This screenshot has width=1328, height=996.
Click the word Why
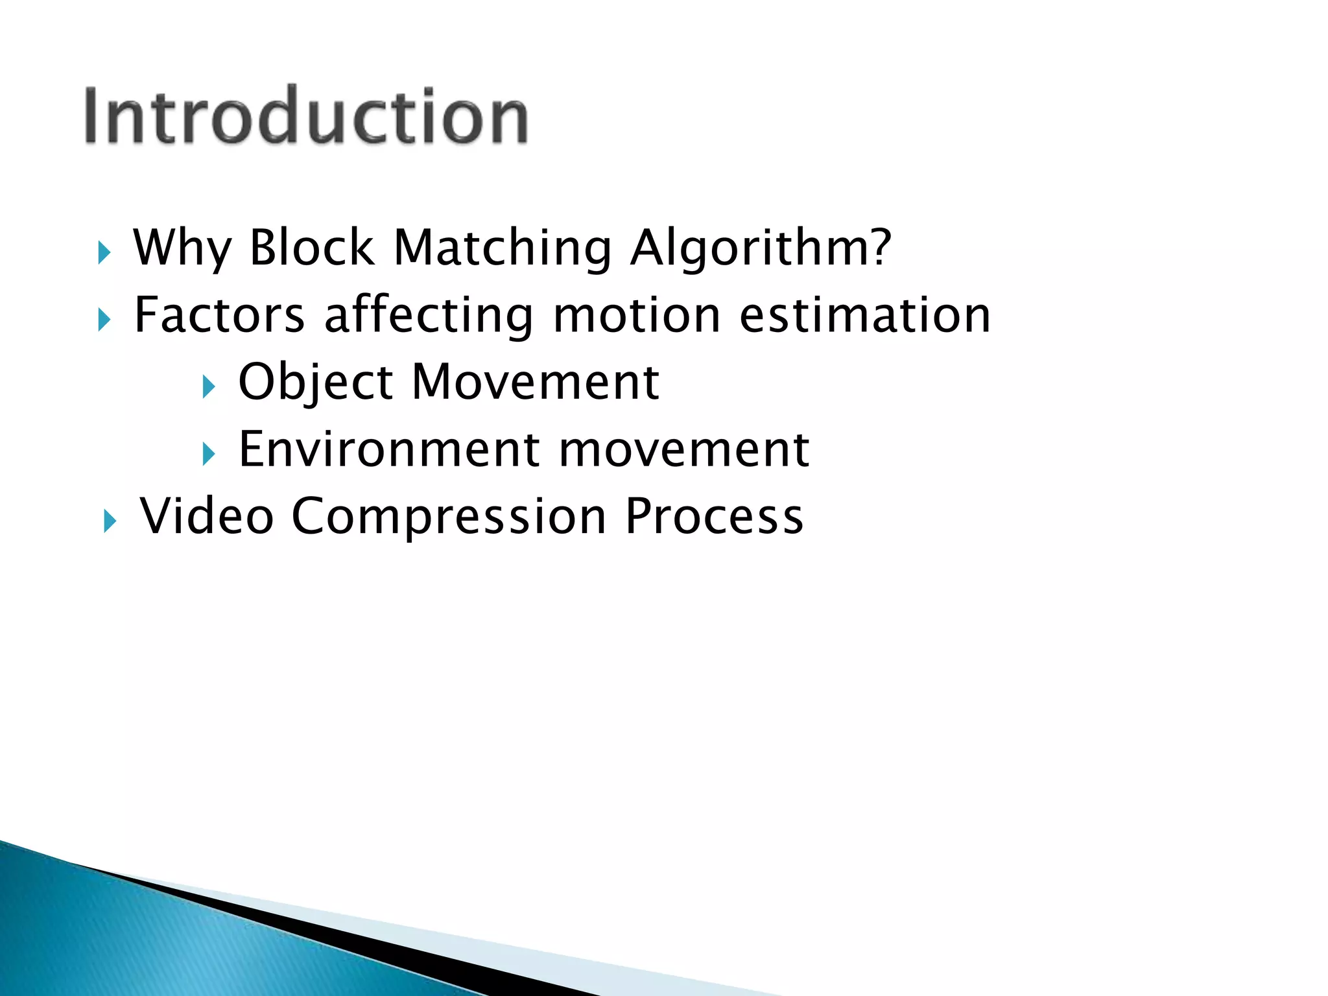[182, 249]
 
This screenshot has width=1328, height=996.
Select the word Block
[312, 248]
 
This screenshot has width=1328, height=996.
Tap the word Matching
[503, 249]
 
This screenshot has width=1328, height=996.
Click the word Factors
[219, 315]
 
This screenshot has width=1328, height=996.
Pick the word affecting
[429, 315]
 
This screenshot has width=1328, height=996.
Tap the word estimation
[865, 315]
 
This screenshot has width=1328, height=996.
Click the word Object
[316, 383]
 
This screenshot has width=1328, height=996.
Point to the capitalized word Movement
[536, 383]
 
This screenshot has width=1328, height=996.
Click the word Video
[207, 517]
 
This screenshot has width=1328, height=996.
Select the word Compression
[449, 517]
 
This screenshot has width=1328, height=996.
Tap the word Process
[714, 517]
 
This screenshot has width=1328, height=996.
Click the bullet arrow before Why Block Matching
[104, 253]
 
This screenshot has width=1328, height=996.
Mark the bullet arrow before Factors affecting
[104, 320]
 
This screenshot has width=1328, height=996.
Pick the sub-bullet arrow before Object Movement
[208, 387]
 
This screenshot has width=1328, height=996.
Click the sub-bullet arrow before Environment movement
[208, 454]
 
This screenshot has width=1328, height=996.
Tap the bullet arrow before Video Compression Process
[110, 521]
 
